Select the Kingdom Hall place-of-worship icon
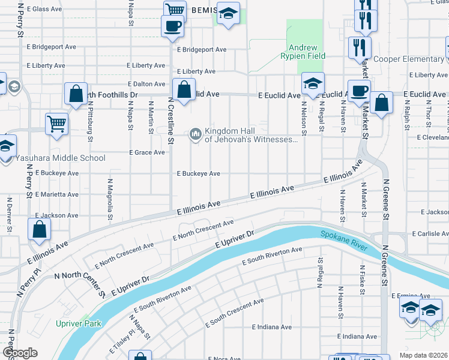click(195, 134)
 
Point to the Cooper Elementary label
click(408, 59)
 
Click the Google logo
click(20, 353)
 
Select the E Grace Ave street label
click(147, 152)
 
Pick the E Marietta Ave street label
click(57, 194)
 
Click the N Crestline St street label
click(170, 122)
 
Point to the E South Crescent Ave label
click(234, 313)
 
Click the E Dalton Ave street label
click(146, 85)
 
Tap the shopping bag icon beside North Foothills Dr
click(76, 94)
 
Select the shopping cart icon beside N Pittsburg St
click(56, 124)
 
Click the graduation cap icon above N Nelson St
click(313, 84)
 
